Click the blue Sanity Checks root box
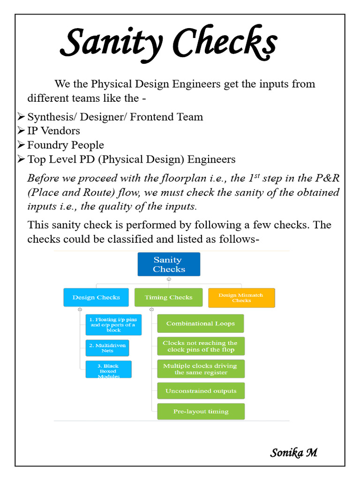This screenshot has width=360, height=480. [168, 264]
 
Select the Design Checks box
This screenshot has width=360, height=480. [96, 297]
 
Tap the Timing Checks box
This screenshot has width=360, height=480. [168, 297]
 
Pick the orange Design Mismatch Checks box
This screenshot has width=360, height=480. [241, 298]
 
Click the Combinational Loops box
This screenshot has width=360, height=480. [200, 323]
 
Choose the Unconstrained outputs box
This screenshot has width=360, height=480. [200, 391]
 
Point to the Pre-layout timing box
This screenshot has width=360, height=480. [200, 412]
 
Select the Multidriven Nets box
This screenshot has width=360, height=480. [107, 348]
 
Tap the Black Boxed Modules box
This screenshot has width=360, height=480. [108, 369]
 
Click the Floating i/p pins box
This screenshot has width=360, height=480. [113, 324]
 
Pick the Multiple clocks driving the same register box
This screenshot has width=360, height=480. [200, 369]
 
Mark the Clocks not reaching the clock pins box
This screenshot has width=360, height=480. [200, 346]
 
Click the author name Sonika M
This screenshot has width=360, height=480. [293, 452]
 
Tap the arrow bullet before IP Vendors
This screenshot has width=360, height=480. [21, 131]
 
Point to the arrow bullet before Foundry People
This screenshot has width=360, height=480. [21, 145]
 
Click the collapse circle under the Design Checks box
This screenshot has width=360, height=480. [80, 309]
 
